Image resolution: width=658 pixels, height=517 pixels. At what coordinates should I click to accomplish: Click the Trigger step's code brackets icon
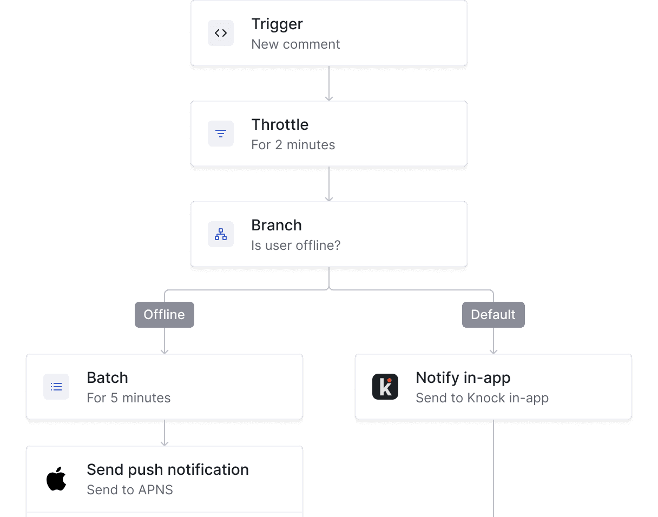pyautogui.click(x=221, y=33)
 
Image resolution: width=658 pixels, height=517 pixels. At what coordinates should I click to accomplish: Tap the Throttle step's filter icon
pyautogui.click(x=221, y=134)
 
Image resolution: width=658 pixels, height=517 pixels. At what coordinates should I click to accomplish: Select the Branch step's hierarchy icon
pyautogui.click(x=221, y=234)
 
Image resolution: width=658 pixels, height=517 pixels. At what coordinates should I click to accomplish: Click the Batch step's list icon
pyautogui.click(x=56, y=387)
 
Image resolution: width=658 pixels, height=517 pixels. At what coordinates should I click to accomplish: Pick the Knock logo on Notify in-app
pyautogui.click(x=385, y=387)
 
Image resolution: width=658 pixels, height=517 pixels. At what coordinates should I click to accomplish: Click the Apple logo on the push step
pyautogui.click(x=56, y=479)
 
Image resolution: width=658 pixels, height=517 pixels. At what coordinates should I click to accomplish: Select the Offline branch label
pyautogui.click(x=164, y=315)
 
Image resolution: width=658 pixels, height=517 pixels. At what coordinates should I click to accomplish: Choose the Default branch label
pyautogui.click(x=493, y=315)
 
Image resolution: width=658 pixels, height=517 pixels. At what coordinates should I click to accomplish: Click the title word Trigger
pyautogui.click(x=277, y=24)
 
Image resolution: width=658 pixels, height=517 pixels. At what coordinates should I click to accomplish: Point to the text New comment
pyautogui.click(x=295, y=44)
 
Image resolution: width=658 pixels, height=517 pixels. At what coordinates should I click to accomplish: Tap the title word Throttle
pyautogui.click(x=280, y=125)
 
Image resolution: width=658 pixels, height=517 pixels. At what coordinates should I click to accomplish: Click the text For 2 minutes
pyautogui.click(x=293, y=145)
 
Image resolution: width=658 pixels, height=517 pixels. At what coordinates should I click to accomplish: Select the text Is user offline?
pyautogui.click(x=295, y=246)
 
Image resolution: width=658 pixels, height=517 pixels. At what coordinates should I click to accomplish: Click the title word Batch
pyautogui.click(x=107, y=378)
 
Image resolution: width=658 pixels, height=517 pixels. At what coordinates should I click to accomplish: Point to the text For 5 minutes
pyautogui.click(x=128, y=398)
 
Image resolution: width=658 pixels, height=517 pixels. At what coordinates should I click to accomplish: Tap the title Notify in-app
pyautogui.click(x=463, y=378)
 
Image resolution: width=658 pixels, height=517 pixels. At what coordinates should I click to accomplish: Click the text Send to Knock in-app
pyautogui.click(x=482, y=398)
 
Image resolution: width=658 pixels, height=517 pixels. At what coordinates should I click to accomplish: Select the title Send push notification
pyautogui.click(x=168, y=470)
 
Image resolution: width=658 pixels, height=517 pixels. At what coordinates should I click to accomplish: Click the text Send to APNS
pyautogui.click(x=130, y=490)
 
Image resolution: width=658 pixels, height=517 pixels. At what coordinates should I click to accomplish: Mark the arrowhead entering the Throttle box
pyautogui.click(x=329, y=98)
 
